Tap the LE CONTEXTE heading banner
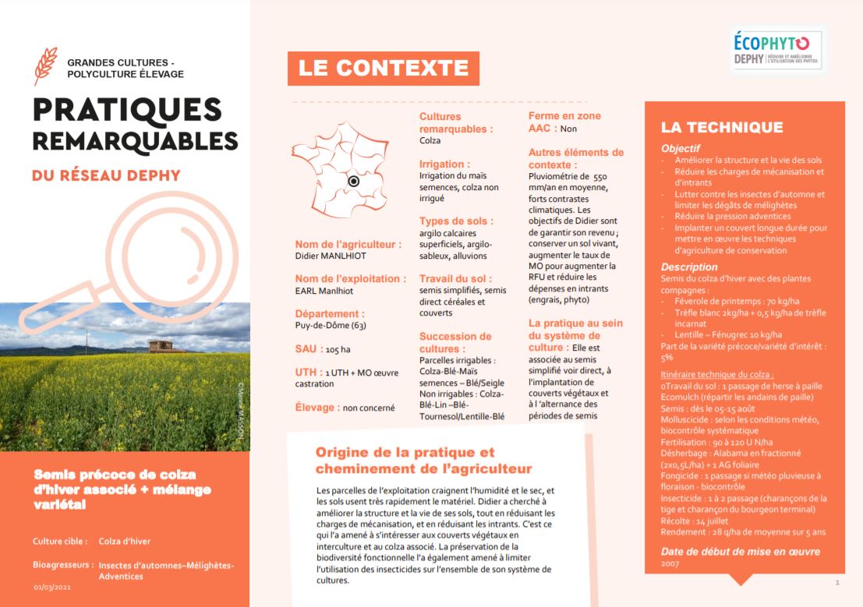tap(383, 68)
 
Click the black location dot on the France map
tap(353, 181)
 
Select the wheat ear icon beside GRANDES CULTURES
tap(46, 65)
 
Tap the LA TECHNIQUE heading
tap(722, 127)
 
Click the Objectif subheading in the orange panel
tap(681, 148)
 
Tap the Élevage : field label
tap(317, 407)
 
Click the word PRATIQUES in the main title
tap(116, 111)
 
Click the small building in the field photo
tap(164, 344)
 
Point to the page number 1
tap(836, 582)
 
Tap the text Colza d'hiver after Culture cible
tap(125, 541)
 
